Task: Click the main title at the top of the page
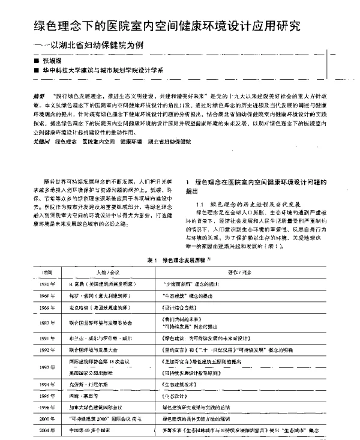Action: click(168, 26)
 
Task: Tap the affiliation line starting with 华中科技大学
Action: click(102, 70)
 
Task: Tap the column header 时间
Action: click(45, 272)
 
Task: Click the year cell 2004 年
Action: click(46, 431)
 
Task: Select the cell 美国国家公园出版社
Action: click(88, 373)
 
